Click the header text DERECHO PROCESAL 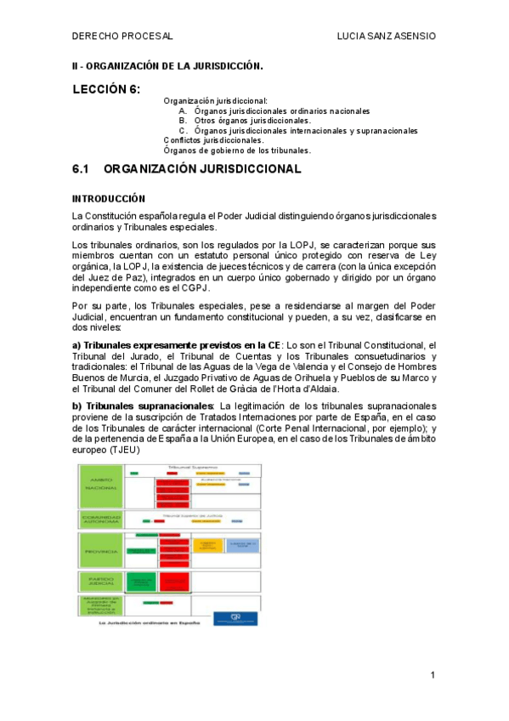(122, 37)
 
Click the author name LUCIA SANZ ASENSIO (387, 37)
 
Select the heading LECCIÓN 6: (106, 89)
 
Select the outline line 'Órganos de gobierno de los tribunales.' (237, 150)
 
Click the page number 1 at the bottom (433, 675)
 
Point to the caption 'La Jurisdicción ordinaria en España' (150, 622)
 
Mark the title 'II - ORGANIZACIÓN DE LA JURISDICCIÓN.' (167, 65)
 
